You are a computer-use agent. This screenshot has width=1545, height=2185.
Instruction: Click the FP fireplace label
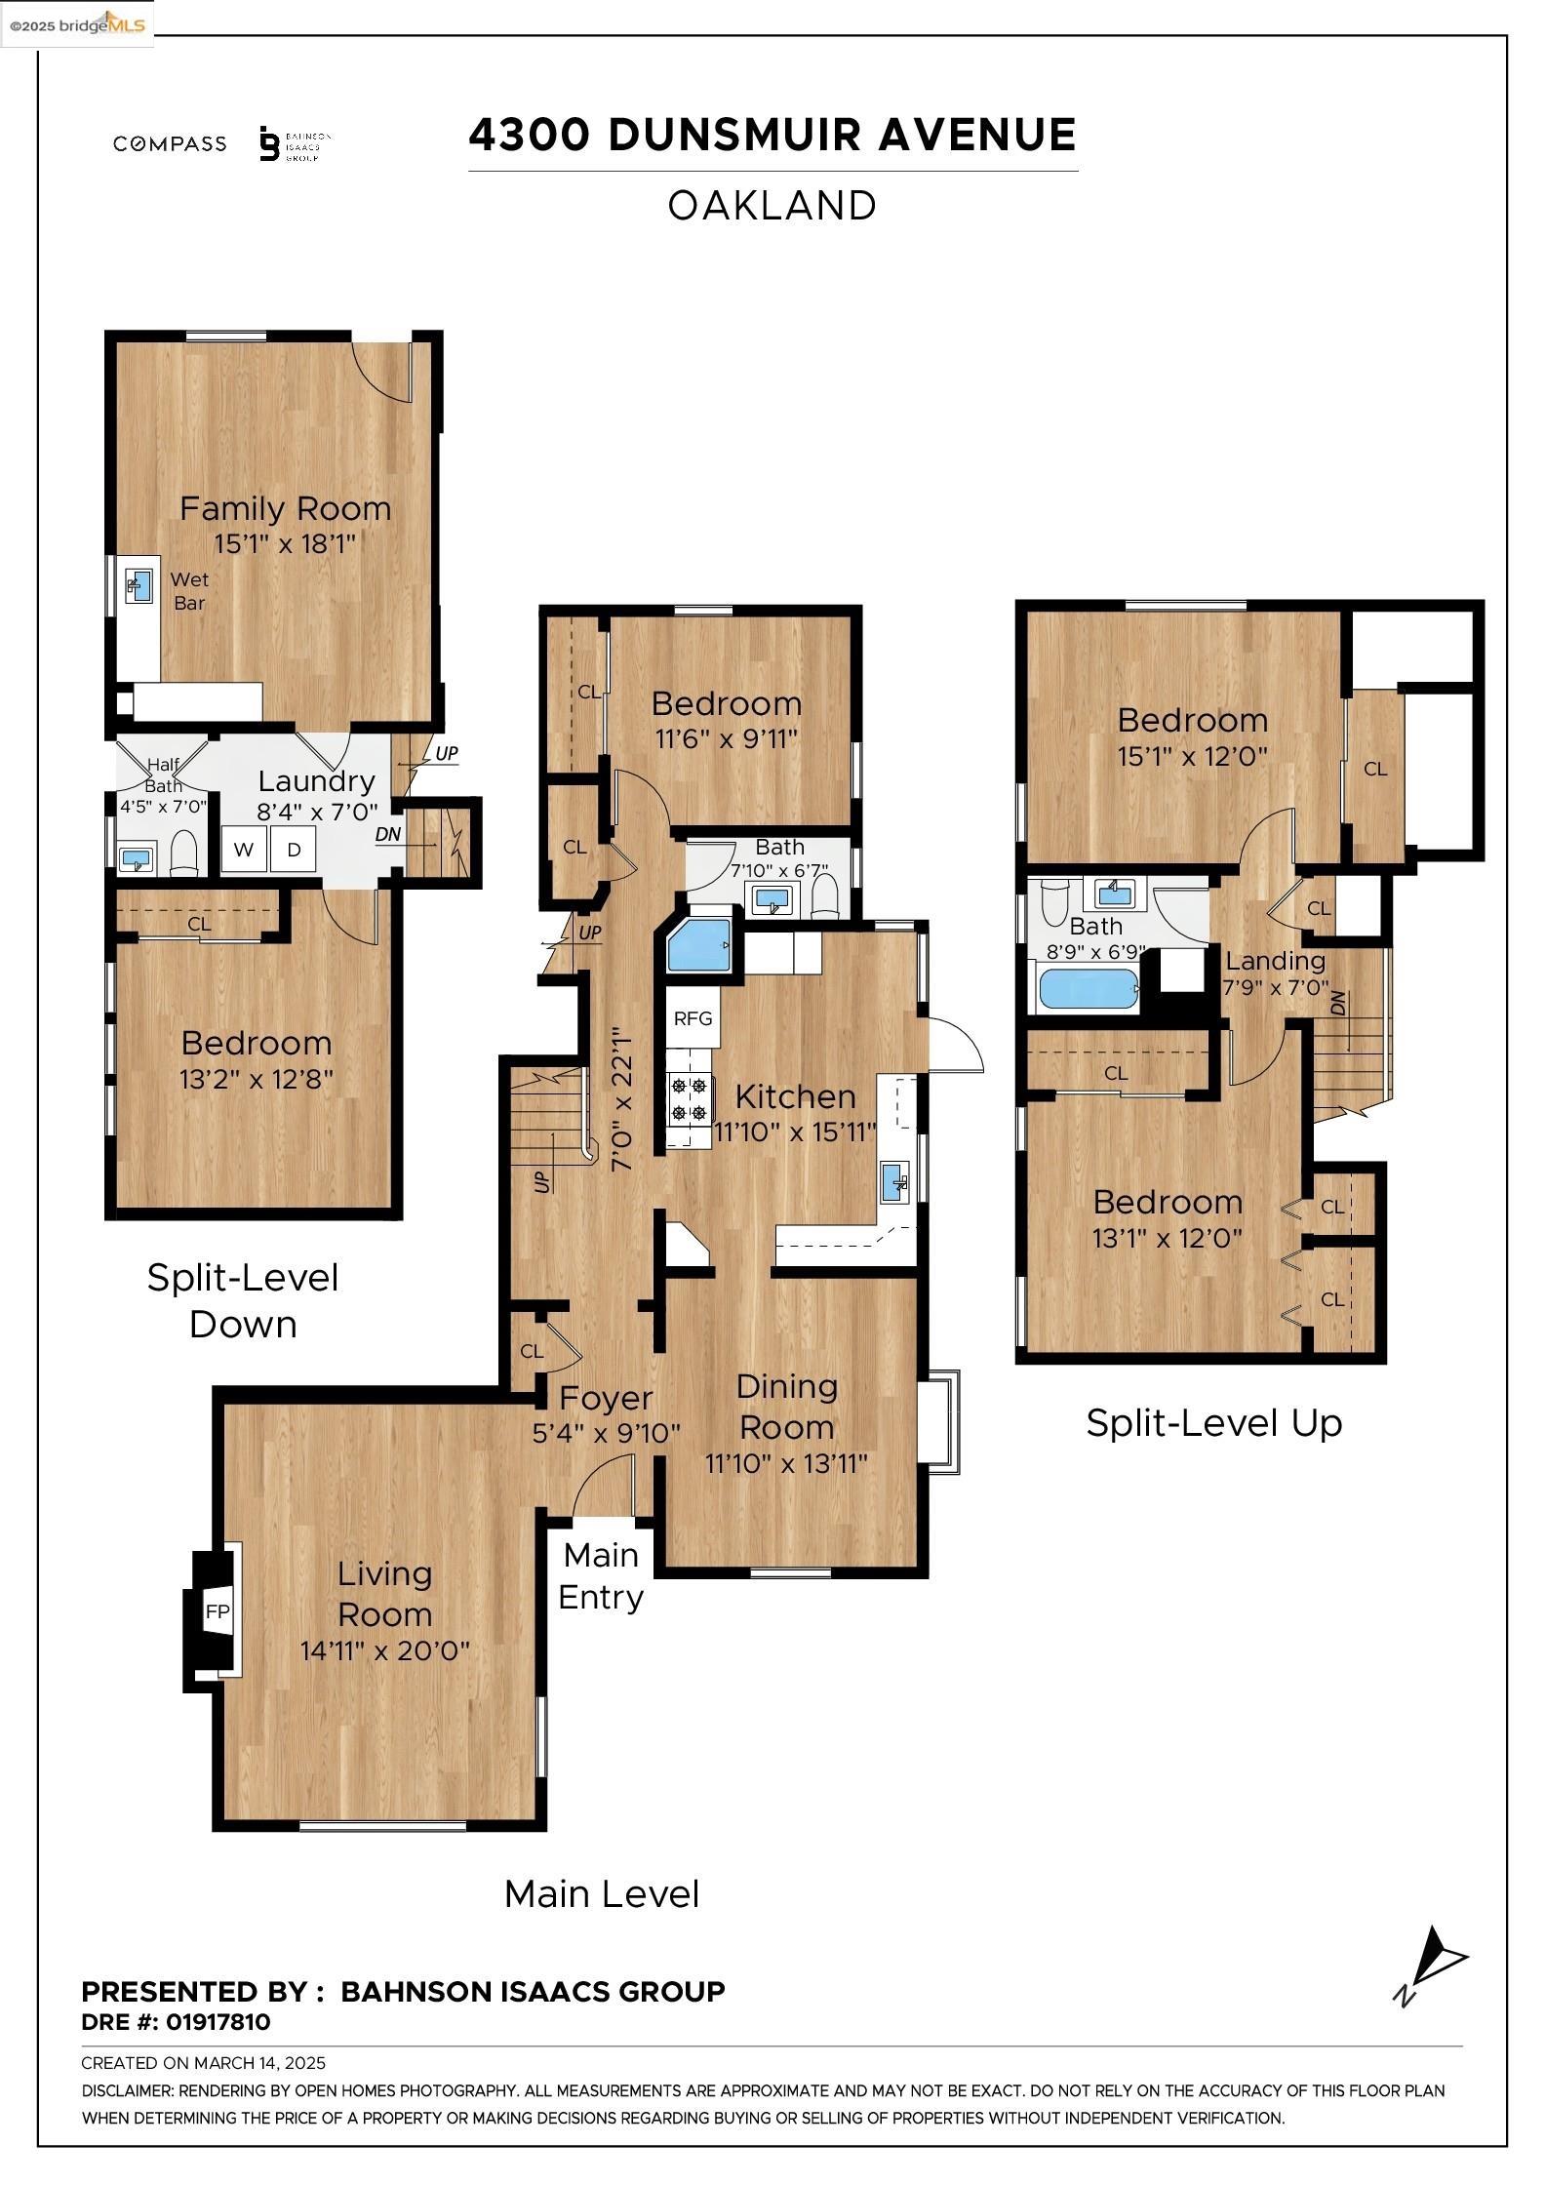(217, 1612)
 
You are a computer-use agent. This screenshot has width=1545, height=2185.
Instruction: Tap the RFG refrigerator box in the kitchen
(693, 1018)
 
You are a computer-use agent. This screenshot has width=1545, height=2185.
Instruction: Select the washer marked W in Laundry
(244, 850)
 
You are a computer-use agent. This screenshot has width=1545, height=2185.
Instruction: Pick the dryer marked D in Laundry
(293, 850)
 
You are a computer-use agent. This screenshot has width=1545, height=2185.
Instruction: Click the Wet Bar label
(189, 591)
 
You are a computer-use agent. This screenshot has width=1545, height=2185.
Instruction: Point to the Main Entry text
(600, 1575)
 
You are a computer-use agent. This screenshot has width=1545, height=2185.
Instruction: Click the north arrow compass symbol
(1431, 1966)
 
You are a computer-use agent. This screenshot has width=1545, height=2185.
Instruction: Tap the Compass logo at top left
(170, 144)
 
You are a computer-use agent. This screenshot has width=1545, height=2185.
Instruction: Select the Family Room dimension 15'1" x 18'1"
(285, 543)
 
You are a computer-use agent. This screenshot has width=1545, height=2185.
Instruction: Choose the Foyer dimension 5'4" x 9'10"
(606, 1433)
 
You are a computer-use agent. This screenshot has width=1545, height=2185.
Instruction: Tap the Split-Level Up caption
(1213, 1423)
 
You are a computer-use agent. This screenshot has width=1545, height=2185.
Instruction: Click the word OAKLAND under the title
(772, 206)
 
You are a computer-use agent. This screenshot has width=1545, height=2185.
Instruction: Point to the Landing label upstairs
(1275, 961)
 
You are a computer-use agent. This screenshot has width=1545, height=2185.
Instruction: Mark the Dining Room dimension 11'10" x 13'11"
(786, 1463)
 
